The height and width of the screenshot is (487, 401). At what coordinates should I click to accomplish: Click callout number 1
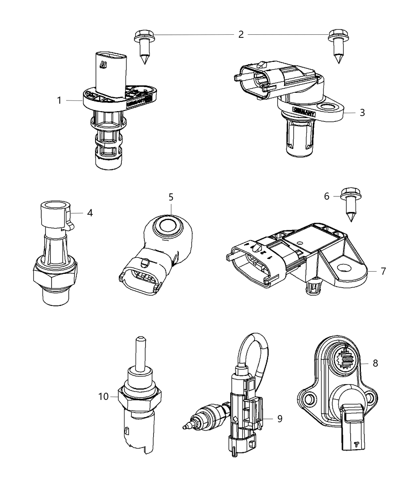[x=59, y=100]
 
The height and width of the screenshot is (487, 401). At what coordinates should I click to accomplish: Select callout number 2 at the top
[x=241, y=34]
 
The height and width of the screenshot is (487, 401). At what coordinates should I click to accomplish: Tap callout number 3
[x=362, y=113]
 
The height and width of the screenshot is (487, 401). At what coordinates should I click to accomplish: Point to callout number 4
[x=90, y=213]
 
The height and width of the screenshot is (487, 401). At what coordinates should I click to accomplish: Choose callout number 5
[x=171, y=197]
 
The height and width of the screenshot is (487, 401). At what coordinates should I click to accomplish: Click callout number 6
[x=327, y=196]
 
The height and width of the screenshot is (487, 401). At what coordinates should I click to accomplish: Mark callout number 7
[x=383, y=271]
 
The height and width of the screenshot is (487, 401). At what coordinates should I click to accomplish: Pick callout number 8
[x=375, y=363]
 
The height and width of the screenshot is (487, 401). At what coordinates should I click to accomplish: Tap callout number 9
[x=280, y=419]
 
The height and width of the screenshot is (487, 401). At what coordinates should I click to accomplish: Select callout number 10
[x=103, y=396]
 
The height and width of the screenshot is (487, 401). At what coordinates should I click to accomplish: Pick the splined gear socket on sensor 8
[x=347, y=359]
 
